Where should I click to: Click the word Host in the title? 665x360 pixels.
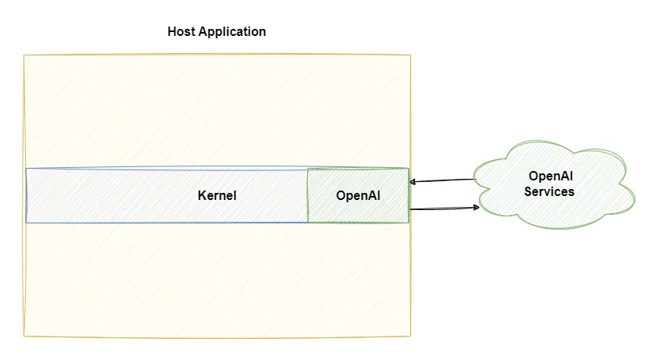pos(181,32)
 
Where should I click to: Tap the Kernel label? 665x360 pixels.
pos(216,195)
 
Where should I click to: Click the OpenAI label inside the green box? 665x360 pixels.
pos(358,195)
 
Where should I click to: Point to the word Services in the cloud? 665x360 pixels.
pos(549,191)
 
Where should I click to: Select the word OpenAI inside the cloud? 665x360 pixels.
pos(549,176)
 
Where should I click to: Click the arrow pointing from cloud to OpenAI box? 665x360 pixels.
pos(442,181)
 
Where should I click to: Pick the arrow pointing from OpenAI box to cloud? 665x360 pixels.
pos(442,209)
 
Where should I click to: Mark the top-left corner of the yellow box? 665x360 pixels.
pos(24,55)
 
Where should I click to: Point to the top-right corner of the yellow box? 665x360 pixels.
pos(410,55)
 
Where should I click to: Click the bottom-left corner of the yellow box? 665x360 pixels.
pos(24,336)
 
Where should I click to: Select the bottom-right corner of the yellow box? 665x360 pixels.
pos(410,337)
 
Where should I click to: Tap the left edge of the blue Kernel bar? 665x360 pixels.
pos(26,195)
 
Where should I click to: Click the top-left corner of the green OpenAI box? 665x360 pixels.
pos(308,169)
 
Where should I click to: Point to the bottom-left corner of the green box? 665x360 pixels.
pos(308,223)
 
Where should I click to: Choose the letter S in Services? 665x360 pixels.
pos(528,191)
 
